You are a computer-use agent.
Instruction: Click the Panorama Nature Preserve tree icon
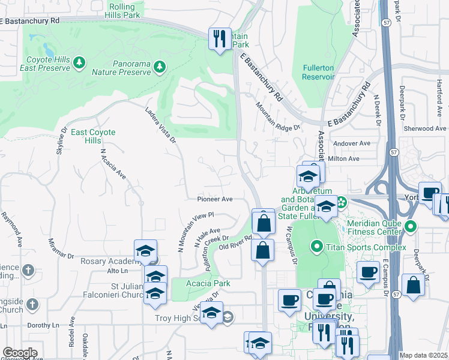pyautogui.click(x=159, y=65)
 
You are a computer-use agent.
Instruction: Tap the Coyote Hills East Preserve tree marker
pyautogui.click(x=79, y=62)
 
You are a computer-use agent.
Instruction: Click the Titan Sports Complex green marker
pyautogui.click(x=316, y=246)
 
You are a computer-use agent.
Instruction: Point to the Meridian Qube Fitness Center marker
pyautogui.click(x=411, y=227)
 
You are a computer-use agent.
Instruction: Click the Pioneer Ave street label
pyautogui.click(x=215, y=199)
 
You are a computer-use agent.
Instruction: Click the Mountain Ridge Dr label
pyautogui.click(x=277, y=116)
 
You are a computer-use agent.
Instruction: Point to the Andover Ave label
pyautogui.click(x=352, y=143)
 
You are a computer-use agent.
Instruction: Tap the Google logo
pyautogui.click(x=20, y=353)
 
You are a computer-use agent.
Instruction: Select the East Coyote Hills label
pyautogui.click(x=92, y=136)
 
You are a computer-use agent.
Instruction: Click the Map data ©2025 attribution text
pyautogui.click(x=424, y=355)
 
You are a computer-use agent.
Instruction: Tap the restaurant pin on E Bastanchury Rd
pyautogui.click(x=219, y=38)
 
